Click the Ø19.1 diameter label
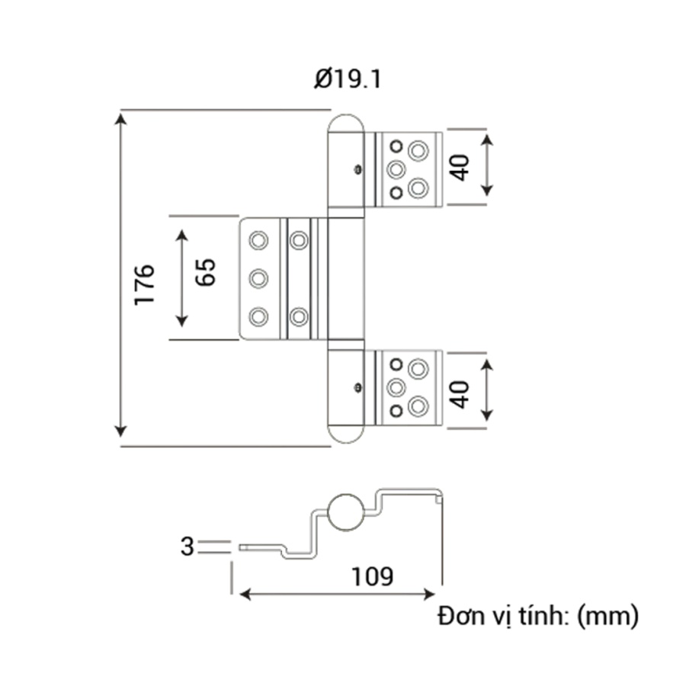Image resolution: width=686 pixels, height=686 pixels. (x=346, y=79)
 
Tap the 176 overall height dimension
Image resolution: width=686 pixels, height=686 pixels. (x=144, y=284)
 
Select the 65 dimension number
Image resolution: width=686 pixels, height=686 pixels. (x=206, y=271)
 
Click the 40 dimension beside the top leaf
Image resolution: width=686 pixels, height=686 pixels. (x=460, y=166)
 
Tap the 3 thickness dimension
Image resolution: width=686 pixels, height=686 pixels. (x=186, y=546)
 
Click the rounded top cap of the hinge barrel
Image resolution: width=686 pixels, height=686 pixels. (x=347, y=122)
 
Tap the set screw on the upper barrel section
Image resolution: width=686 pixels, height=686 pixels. (x=357, y=170)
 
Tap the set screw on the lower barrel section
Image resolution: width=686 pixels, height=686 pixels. (x=357, y=388)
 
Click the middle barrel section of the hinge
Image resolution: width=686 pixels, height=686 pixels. (x=347, y=278)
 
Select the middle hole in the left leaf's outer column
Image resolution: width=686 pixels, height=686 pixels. (x=259, y=278)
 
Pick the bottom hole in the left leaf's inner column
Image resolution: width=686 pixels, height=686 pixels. (x=299, y=316)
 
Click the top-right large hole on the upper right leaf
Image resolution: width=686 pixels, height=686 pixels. (x=417, y=149)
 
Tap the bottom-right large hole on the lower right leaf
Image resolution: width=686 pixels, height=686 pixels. (x=417, y=407)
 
